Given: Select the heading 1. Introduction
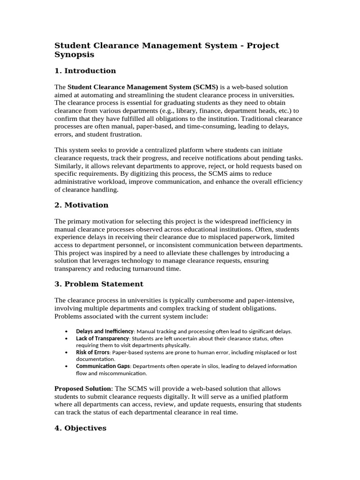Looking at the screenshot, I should click(x=85, y=71).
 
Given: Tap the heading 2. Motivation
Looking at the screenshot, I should click(x=81, y=205).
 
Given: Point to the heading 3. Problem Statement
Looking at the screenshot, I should click(x=99, y=284).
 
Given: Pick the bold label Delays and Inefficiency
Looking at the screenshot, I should click(x=105, y=331).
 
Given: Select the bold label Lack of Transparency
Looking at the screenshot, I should click(x=102, y=338).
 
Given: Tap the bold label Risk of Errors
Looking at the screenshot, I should click(x=93, y=352).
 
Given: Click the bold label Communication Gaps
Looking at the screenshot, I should click(x=103, y=366).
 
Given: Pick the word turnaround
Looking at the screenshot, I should click(x=146, y=269).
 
